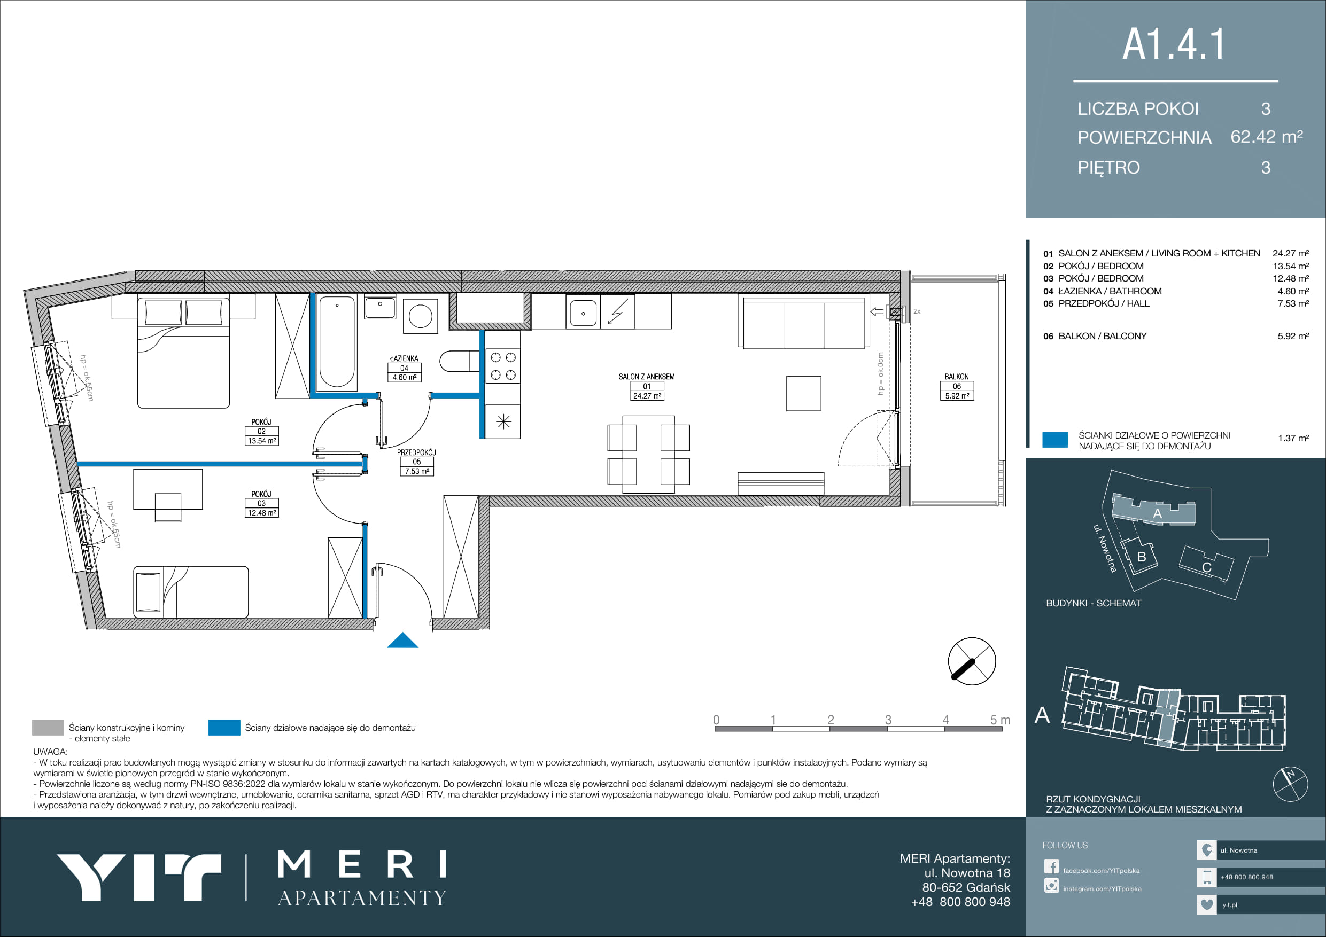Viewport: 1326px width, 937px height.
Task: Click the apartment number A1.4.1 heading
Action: click(x=1173, y=44)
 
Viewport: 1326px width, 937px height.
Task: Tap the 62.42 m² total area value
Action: click(x=1267, y=136)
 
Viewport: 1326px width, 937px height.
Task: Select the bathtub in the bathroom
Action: click(x=337, y=341)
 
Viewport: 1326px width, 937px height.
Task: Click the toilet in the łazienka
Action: click(x=459, y=362)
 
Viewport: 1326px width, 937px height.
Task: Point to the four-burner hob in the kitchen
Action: click(x=503, y=366)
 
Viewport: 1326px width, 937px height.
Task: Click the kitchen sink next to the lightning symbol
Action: click(x=583, y=313)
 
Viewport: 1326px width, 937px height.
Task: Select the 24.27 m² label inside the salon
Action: click(x=647, y=396)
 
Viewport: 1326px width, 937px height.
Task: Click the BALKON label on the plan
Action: click(x=956, y=377)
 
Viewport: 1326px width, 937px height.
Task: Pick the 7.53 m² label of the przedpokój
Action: click(x=416, y=471)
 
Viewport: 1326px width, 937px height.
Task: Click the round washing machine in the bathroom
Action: click(x=421, y=316)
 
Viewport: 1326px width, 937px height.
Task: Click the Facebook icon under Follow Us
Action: click(x=1051, y=866)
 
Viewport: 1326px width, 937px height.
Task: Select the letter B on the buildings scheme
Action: click(x=1141, y=557)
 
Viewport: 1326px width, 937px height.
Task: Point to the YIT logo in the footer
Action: click(x=138, y=877)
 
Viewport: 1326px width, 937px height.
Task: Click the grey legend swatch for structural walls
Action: click(x=48, y=728)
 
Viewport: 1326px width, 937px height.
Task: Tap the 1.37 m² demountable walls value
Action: click(x=1293, y=438)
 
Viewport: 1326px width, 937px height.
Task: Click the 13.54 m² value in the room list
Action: click(x=1291, y=266)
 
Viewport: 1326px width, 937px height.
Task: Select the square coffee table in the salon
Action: click(x=803, y=394)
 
